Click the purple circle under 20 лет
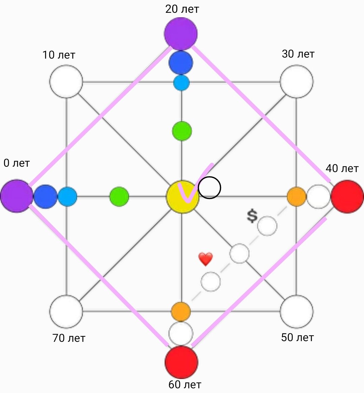click(181, 33)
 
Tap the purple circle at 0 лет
click(17, 196)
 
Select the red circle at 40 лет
click(347, 196)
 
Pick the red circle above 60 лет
click(181, 362)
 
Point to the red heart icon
click(206, 259)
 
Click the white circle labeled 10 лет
click(66, 81)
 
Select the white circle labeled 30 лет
click(297, 81)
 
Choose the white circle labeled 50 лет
click(297, 312)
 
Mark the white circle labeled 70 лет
click(66, 312)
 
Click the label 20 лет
click(182, 9)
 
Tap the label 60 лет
click(185, 384)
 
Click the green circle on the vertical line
click(182, 131)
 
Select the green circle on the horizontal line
click(119, 196)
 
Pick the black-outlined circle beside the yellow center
click(209, 187)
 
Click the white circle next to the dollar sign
click(267, 226)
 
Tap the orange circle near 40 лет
click(297, 197)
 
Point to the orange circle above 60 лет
click(181, 312)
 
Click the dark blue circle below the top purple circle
click(181, 62)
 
